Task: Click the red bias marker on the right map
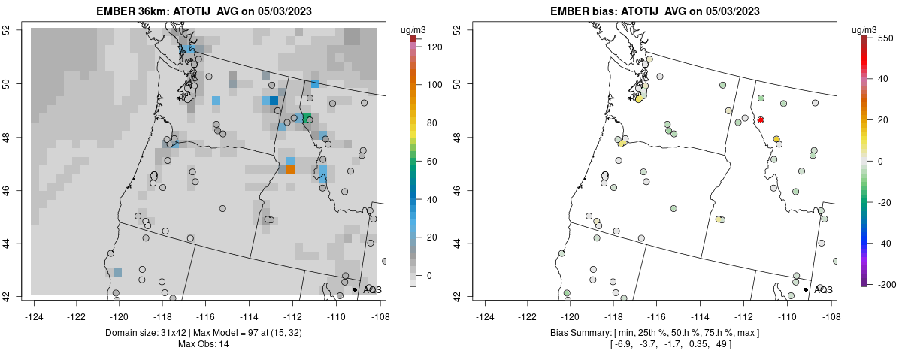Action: point(761,119)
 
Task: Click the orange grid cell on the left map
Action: point(290,170)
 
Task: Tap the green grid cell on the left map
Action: point(307,118)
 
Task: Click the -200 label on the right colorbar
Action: point(888,284)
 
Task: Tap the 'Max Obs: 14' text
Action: point(203,344)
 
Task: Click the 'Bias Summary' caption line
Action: point(655,332)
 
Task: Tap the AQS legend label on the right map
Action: point(823,289)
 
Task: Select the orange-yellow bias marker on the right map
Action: point(776,138)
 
